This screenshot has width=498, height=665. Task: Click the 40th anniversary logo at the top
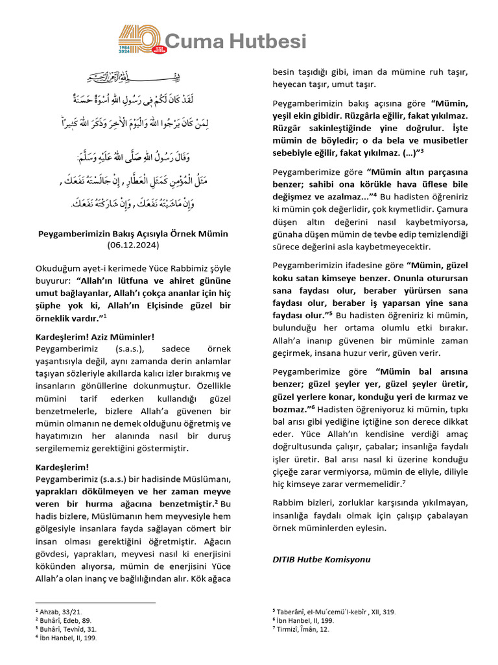[x=140, y=41]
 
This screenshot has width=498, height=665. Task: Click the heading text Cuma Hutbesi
[x=235, y=42]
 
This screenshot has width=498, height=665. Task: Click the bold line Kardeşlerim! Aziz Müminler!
[x=95, y=336]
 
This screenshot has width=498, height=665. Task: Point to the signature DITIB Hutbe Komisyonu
[x=321, y=558]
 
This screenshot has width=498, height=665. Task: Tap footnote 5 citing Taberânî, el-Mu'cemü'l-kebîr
[x=336, y=612]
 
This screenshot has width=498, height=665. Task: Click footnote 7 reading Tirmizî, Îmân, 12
[x=303, y=629]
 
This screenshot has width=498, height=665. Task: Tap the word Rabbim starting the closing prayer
[x=288, y=503]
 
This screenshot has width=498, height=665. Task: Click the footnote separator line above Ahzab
[x=95, y=603]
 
